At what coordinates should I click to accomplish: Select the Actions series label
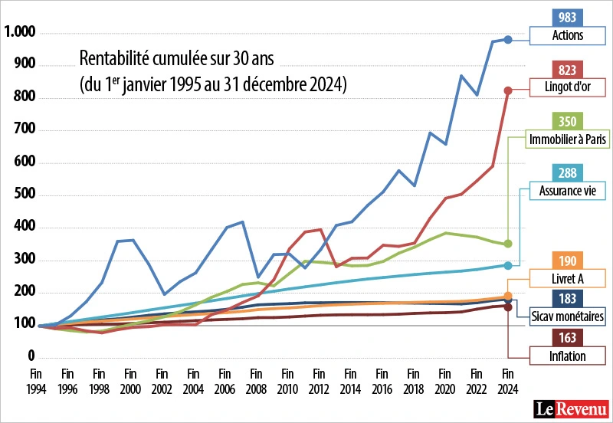coord(568,35)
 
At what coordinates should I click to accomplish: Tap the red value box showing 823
coord(568,70)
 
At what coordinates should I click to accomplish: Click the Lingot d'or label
coord(568,87)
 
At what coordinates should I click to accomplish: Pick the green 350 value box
coord(568,121)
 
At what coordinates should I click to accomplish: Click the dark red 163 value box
coord(568,339)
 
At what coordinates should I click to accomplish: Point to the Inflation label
coord(568,356)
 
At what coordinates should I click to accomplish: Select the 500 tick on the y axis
coord(26,195)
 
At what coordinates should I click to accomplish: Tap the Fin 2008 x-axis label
coord(256,382)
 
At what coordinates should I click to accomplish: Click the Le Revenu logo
coord(572,408)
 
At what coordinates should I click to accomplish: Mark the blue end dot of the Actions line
coord(507,39)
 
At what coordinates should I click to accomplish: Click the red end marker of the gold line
coord(507,90)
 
